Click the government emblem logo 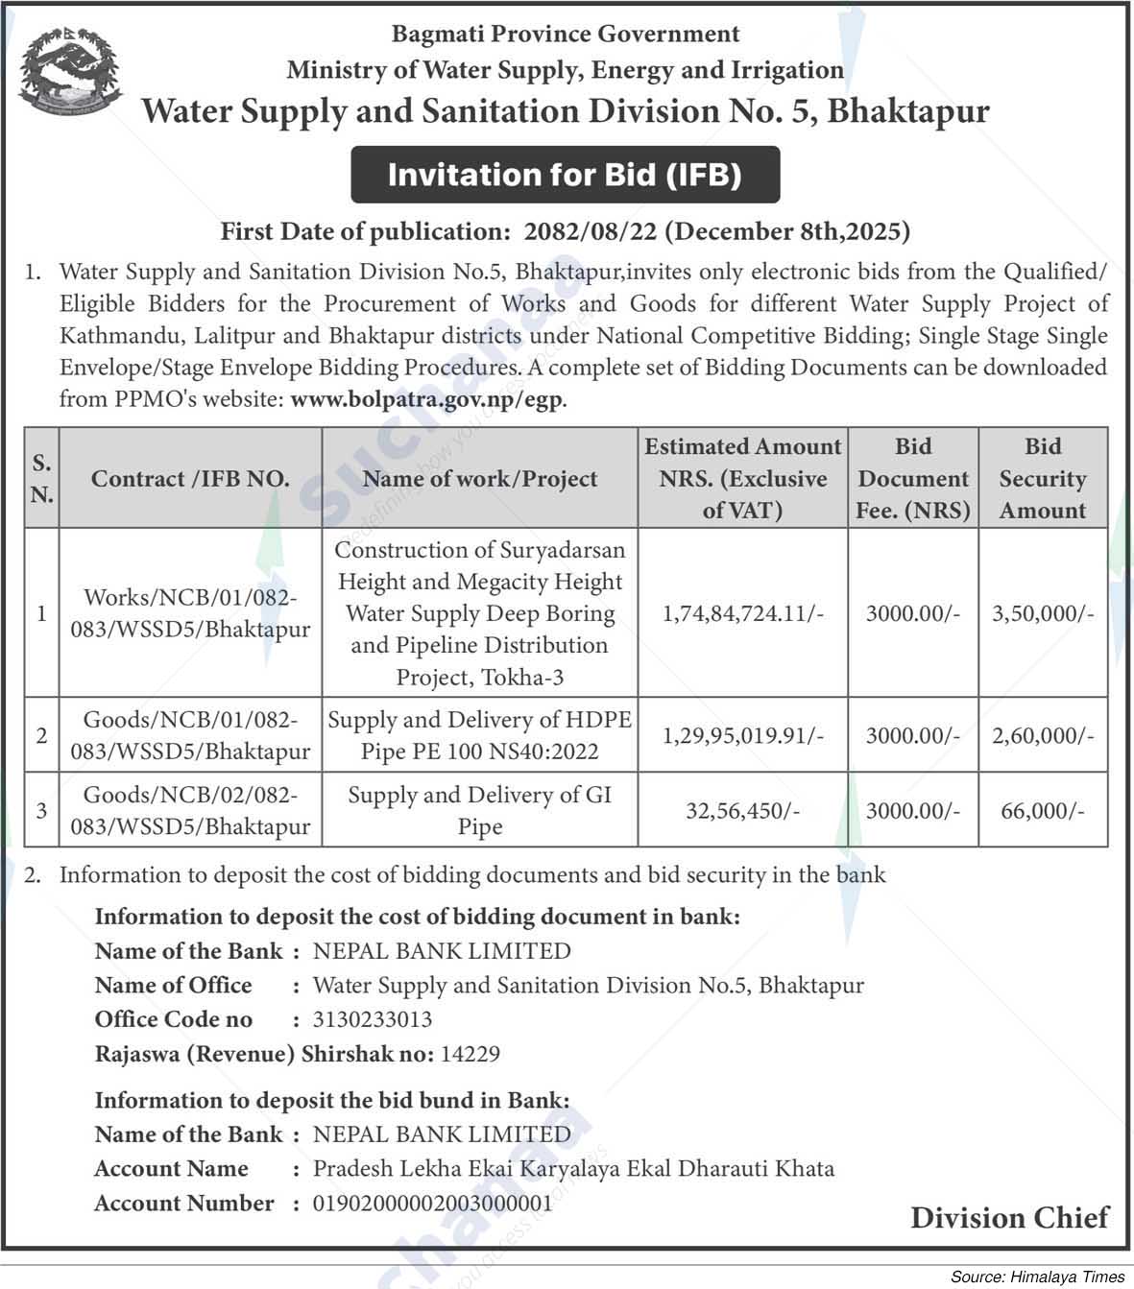click(71, 73)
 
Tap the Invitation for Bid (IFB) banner click(565, 175)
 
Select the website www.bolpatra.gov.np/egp click(427, 399)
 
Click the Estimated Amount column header click(742, 478)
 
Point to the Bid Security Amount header click(1042, 478)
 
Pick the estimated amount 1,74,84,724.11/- click(742, 613)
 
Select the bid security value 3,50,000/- click(1042, 613)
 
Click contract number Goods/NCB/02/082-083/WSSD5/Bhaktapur click(190, 811)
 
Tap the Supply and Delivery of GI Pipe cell click(479, 811)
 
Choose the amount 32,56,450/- click(742, 811)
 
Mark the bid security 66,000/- click(1042, 811)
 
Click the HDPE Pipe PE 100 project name click(479, 735)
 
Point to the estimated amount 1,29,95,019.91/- click(742, 736)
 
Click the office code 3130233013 click(373, 1019)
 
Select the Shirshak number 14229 click(470, 1054)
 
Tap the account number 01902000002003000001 click(433, 1203)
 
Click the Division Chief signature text click(1008, 1218)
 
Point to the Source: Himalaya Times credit click(1037, 1277)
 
